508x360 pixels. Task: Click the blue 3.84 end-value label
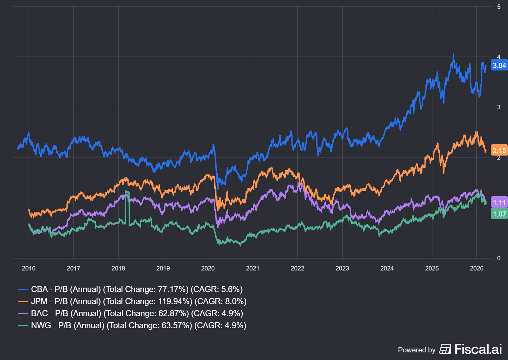[499, 65]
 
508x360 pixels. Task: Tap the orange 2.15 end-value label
[499, 150]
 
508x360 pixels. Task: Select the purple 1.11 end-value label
[499, 203]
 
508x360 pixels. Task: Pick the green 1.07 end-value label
[499, 214]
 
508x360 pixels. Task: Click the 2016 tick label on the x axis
[29, 268]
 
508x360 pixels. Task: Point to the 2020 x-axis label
[208, 268]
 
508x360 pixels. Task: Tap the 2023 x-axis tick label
[342, 268]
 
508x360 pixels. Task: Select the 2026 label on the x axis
[476, 268]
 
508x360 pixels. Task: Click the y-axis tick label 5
[498, 7]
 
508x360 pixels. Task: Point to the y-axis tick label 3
[498, 107]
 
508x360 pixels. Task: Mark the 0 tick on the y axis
[498, 258]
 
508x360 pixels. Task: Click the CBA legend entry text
[137, 289]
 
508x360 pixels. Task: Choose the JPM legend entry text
[139, 301]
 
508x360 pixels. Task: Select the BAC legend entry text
[137, 313]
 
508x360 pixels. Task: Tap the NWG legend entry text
[138, 325]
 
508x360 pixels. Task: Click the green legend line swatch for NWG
[23, 325]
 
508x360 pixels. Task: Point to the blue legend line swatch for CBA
[23, 289]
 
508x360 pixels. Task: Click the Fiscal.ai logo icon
[445, 349]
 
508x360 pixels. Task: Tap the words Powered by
[417, 350]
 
